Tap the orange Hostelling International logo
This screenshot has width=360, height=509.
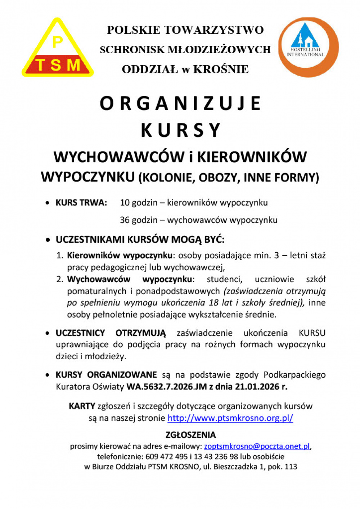pos(308,47)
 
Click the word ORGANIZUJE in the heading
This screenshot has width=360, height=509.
pos(180,104)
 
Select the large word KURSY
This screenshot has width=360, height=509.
pos(180,130)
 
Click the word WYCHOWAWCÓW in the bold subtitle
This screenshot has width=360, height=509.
pos(118,157)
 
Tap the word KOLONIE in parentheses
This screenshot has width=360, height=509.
pos(166,178)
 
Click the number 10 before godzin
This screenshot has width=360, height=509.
pos(125,203)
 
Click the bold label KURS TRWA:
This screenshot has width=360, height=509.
pos(81,203)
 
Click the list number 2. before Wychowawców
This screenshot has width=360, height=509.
pos(60,279)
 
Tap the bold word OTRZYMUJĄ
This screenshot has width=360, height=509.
pos(140,333)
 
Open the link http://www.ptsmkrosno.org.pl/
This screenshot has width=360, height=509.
pos(230,418)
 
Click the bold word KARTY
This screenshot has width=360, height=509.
pos(82,406)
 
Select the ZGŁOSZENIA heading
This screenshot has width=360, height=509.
pos(191,435)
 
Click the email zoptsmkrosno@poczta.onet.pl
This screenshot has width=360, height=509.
pos(257,446)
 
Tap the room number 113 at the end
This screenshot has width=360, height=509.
pos(291,467)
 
